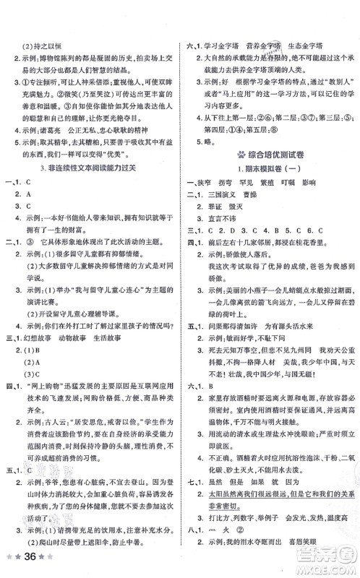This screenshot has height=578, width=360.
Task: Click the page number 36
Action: coord(33,558)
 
